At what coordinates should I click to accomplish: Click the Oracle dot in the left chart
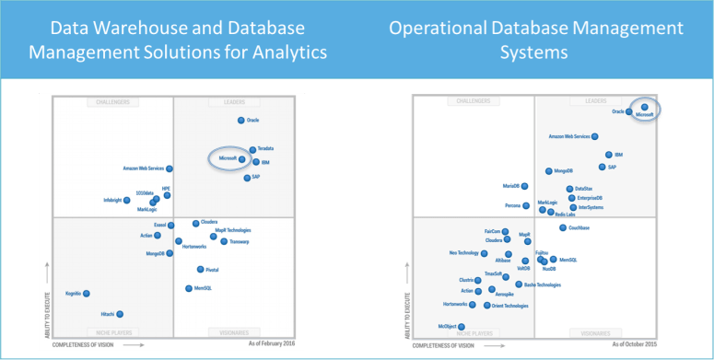[x=241, y=120]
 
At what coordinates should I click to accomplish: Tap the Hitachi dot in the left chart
[x=120, y=314]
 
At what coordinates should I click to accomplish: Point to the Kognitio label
[x=72, y=294]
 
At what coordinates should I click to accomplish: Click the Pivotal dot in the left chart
[x=200, y=269]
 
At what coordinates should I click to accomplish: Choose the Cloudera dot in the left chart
[x=196, y=223]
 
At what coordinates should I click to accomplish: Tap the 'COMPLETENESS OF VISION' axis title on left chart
[x=86, y=343]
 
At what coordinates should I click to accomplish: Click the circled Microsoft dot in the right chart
[x=646, y=108]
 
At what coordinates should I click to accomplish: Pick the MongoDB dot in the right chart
[x=547, y=171]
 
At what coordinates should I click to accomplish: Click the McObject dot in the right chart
[x=462, y=327]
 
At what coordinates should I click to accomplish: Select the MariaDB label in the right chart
[x=515, y=187]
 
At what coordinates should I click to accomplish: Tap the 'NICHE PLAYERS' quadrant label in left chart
[x=112, y=331]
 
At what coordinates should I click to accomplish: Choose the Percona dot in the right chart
[x=527, y=206]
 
